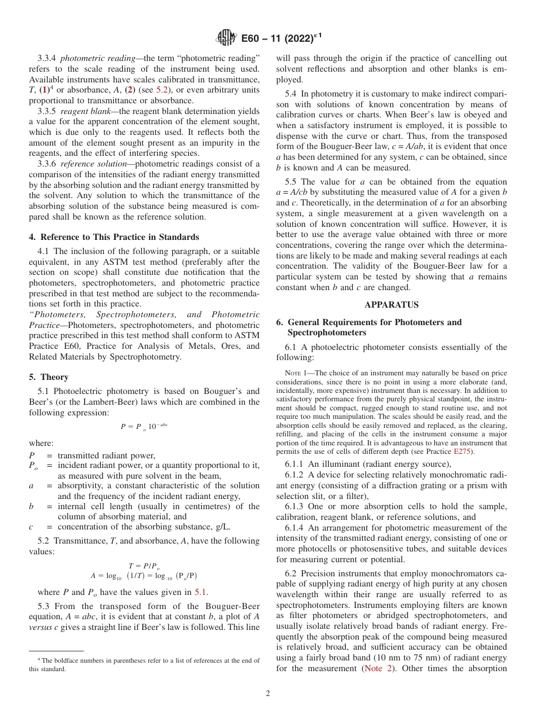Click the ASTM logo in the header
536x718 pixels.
click(226, 38)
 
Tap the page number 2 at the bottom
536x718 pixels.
click(268, 694)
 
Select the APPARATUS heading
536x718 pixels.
click(392, 305)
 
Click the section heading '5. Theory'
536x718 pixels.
click(49, 377)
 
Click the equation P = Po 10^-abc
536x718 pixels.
click(144, 427)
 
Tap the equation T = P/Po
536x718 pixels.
click(144, 566)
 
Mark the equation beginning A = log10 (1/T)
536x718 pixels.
click(144, 576)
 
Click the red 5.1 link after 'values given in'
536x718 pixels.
click(201, 592)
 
